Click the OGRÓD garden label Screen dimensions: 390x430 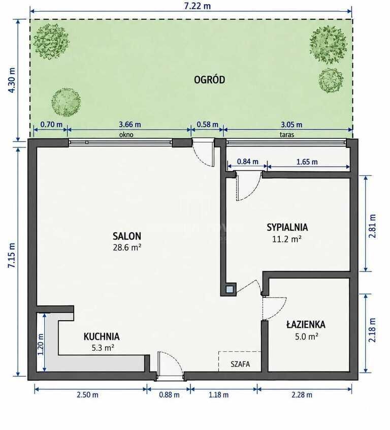[x=209, y=80]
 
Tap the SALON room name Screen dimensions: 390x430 [x=127, y=236]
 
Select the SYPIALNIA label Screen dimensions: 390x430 [x=287, y=227]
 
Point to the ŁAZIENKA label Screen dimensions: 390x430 [x=306, y=324]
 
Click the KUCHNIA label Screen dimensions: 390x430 [x=102, y=336]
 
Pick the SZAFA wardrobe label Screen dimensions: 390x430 [x=240, y=364]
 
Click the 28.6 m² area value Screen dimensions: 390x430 [x=127, y=248]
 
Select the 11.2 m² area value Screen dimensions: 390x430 [x=287, y=239]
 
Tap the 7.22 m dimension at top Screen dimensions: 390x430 [x=198, y=6]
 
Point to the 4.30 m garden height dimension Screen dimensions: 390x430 [x=12, y=80]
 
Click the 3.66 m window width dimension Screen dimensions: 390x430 [x=129, y=125]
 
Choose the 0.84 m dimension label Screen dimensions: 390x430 [x=247, y=162]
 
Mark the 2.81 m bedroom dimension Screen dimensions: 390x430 [x=372, y=226]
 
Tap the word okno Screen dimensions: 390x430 [x=126, y=135]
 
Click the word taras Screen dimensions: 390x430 [x=287, y=135]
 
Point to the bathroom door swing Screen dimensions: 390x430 [x=274, y=309]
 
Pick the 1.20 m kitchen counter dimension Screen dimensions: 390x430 [x=41, y=344]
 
